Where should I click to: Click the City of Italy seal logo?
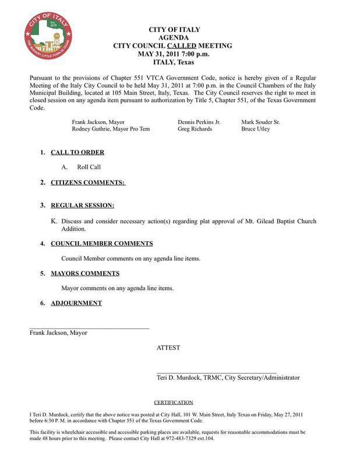point(48,38)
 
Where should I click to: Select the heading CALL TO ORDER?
point(77,153)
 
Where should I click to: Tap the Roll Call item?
point(89,167)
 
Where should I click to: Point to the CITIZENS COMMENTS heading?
point(87,183)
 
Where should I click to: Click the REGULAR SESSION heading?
point(82,206)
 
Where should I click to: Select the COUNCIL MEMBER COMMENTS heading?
point(102,243)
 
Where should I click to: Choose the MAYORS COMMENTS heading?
point(85,273)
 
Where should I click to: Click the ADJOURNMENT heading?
point(76,303)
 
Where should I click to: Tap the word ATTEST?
point(168,348)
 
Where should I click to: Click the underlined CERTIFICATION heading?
point(173,403)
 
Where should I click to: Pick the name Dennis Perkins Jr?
point(199,122)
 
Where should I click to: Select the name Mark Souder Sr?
point(260,122)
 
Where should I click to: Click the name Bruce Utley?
point(256,129)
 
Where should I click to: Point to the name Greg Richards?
point(195,129)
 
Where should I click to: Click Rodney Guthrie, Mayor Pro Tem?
point(111,129)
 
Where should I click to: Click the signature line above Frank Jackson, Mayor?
point(89,329)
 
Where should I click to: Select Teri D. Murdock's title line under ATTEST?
point(228,377)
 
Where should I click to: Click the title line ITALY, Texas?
point(173,62)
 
